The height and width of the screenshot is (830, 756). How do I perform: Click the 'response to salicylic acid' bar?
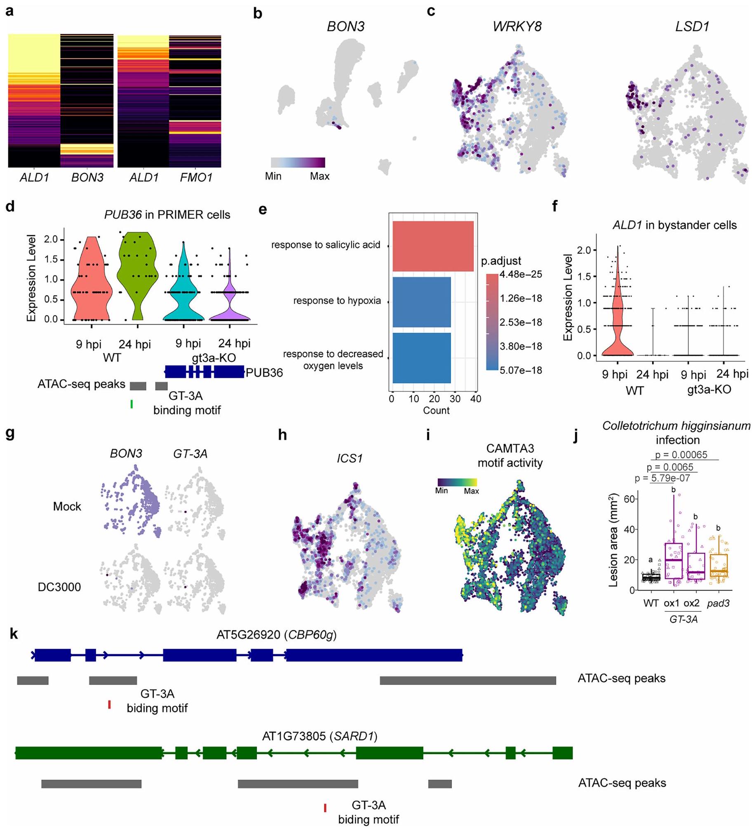tap(433, 246)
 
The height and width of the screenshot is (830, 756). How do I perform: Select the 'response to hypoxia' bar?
tap(421, 302)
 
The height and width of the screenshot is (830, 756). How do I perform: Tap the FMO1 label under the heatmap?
tap(196, 178)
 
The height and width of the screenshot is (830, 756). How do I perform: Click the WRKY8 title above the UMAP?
tap(517, 27)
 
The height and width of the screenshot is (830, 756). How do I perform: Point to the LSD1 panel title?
tap(692, 27)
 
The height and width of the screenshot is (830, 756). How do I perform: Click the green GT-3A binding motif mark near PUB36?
tap(131, 404)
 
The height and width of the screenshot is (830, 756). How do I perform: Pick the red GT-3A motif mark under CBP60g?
tap(109, 705)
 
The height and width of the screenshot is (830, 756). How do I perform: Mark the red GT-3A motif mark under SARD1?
tap(325, 808)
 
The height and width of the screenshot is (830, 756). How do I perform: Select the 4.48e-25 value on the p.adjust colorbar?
tap(521, 274)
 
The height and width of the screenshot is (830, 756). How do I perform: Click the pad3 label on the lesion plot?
tap(718, 604)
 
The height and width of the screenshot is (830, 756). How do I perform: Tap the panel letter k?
tap(14, 634)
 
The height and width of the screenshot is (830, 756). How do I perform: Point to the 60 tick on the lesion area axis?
tap(628, 499)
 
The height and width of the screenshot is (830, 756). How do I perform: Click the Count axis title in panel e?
tap(436, 410)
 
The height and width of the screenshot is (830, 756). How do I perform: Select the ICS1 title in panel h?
tap(350, 459)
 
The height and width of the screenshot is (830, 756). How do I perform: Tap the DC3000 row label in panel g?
tap(59, 587)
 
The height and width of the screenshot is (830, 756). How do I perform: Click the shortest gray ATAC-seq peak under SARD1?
tap(440, 784)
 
